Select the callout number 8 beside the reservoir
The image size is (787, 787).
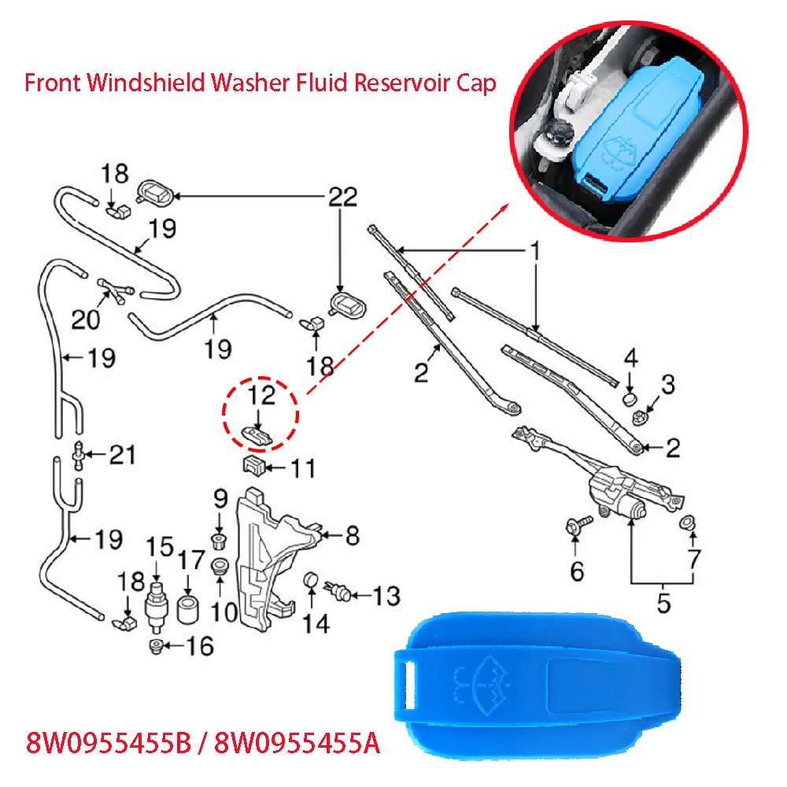coord(352,536)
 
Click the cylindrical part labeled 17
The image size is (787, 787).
coord(188,609)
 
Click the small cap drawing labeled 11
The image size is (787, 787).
coord(252,464)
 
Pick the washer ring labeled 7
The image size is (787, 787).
coord(687,522)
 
